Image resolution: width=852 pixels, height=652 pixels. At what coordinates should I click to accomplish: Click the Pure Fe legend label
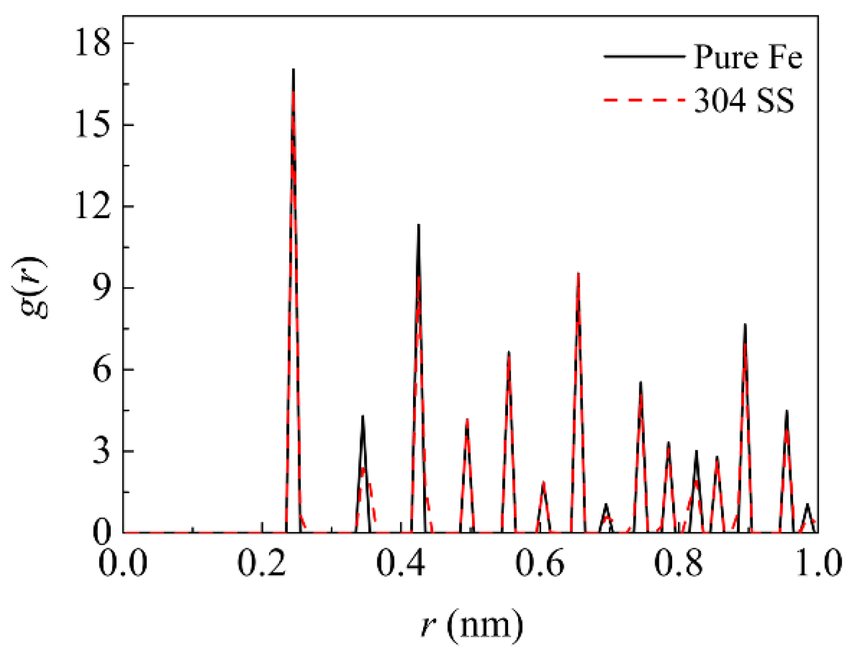point(748,57)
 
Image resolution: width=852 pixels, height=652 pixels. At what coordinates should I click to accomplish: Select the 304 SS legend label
point(743,100)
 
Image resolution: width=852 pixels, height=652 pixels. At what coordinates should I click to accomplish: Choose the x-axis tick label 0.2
point(262,564)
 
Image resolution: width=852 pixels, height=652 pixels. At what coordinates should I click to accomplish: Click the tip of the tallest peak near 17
point(293,69)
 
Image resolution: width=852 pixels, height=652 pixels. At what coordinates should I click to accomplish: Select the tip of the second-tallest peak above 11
point(418,224)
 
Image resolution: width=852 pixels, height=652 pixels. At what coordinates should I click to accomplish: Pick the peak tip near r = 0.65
point(578,273)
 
